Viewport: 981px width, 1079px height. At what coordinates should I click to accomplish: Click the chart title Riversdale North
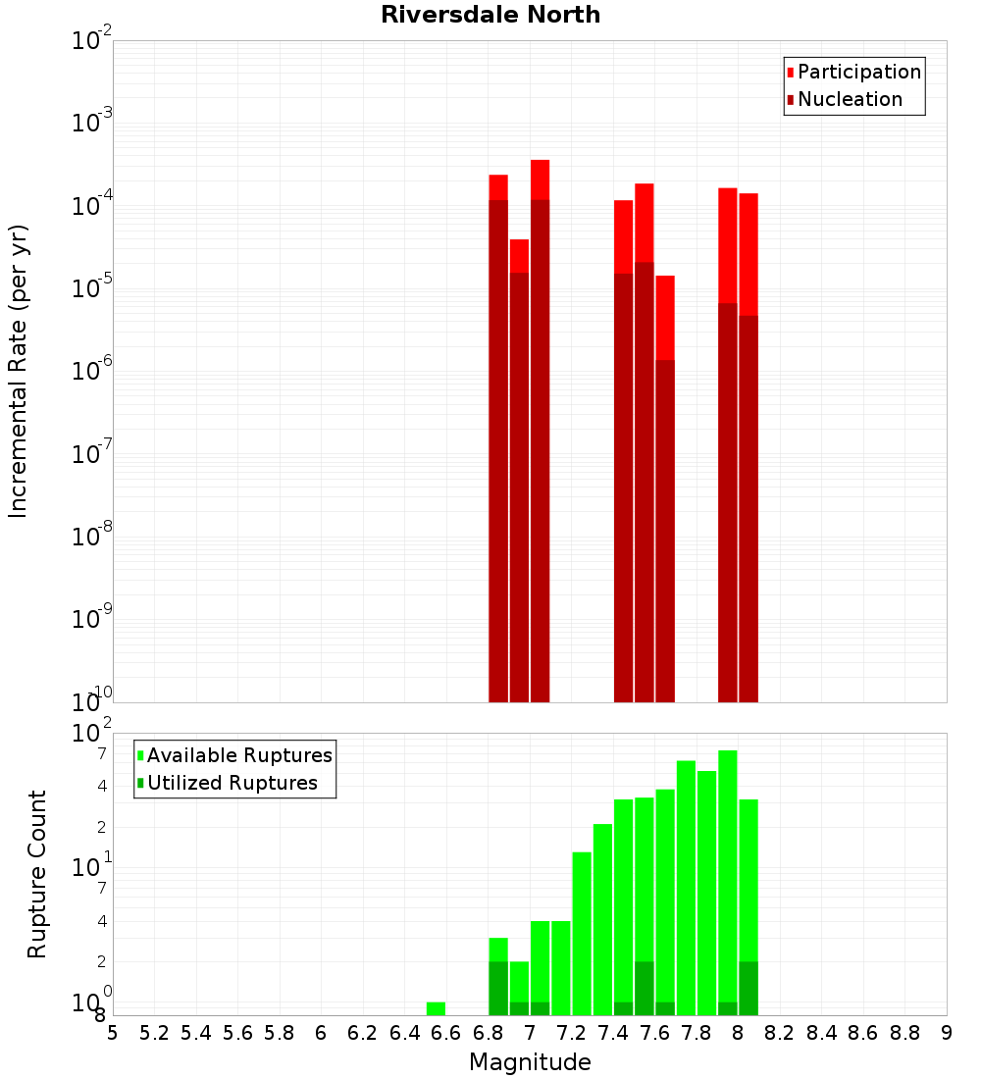(x=490, y=15)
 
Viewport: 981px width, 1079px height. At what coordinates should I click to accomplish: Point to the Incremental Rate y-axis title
(x=19, y=371)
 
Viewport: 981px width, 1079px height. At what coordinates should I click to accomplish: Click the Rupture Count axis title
(x=37, y=873)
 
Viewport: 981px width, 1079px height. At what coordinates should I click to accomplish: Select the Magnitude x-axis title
(x=530, y=1062)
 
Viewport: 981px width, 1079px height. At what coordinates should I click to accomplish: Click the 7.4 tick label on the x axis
(x=613, y=1033)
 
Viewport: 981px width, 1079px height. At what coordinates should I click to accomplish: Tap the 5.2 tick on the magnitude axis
(x=154, y=1033)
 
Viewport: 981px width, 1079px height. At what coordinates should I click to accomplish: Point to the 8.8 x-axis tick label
(x=904, y=1033)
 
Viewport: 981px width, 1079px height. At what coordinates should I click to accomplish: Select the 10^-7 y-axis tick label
(x=92, y=454)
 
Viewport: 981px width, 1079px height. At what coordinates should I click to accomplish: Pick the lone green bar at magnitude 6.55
(x=436, y=1008)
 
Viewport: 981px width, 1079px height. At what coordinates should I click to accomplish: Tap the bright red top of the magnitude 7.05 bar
(x=540, y=179)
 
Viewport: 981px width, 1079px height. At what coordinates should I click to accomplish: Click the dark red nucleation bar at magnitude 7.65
(x=665, y=530)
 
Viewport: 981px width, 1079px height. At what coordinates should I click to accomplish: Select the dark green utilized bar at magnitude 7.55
(x=644, y=989)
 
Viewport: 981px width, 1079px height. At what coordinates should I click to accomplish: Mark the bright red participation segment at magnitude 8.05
(x=749, y=253)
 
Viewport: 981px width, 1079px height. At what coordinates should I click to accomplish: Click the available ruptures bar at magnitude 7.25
(x=582, y=932)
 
